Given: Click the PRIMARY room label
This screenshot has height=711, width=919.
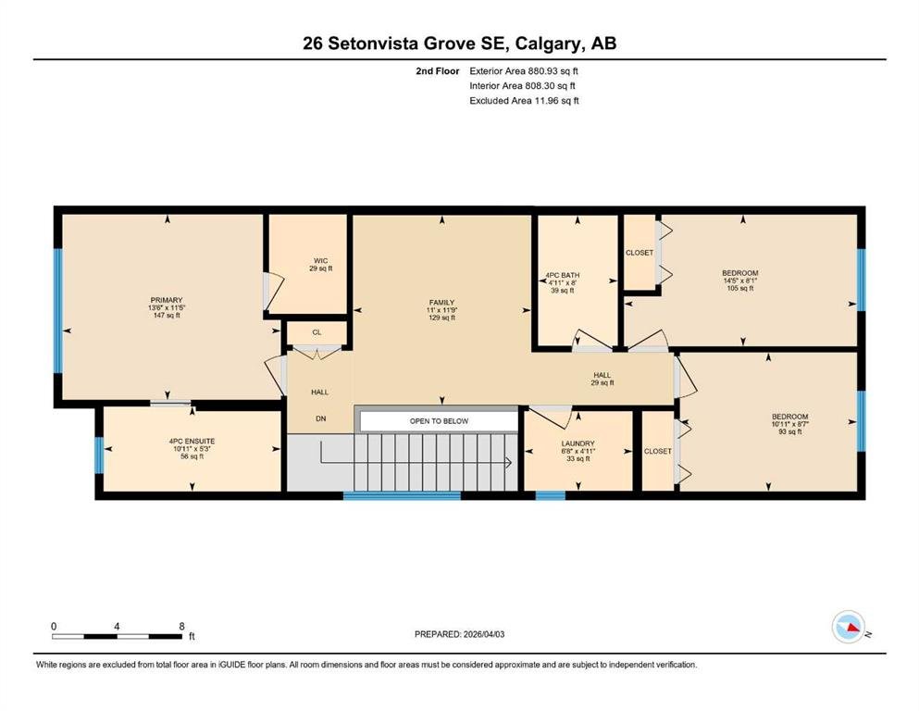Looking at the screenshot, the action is click(167, 300).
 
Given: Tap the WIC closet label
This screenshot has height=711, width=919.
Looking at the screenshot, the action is click(320, 261).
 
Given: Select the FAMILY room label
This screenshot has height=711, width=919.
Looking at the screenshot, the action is click(442, 303).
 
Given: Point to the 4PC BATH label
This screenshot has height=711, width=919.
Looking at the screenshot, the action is click(563, 275).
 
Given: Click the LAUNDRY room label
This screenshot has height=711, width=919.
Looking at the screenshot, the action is click(577, 443).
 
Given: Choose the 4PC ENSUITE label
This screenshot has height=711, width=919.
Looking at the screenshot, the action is click(192, 442).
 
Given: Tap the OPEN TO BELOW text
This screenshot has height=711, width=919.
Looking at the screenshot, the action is click(439, 421).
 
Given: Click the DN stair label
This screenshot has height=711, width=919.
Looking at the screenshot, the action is click(320, 418).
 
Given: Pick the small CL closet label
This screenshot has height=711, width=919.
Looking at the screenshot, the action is click(317, 332).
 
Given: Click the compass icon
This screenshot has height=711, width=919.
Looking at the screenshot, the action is click(848, 627).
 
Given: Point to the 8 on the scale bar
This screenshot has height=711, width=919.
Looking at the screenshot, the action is click(181, 626).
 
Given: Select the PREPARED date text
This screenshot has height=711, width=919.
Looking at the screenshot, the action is click(459, 634).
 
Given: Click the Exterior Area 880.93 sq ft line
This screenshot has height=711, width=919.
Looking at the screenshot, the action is click(524, 71).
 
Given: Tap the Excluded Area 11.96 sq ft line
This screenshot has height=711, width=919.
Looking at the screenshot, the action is click(524, 100).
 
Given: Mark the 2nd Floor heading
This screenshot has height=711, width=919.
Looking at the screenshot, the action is click(438, 71).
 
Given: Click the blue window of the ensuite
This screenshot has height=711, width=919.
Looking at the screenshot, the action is click(99, 455).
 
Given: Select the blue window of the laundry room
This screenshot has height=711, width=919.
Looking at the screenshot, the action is click(551, 496).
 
